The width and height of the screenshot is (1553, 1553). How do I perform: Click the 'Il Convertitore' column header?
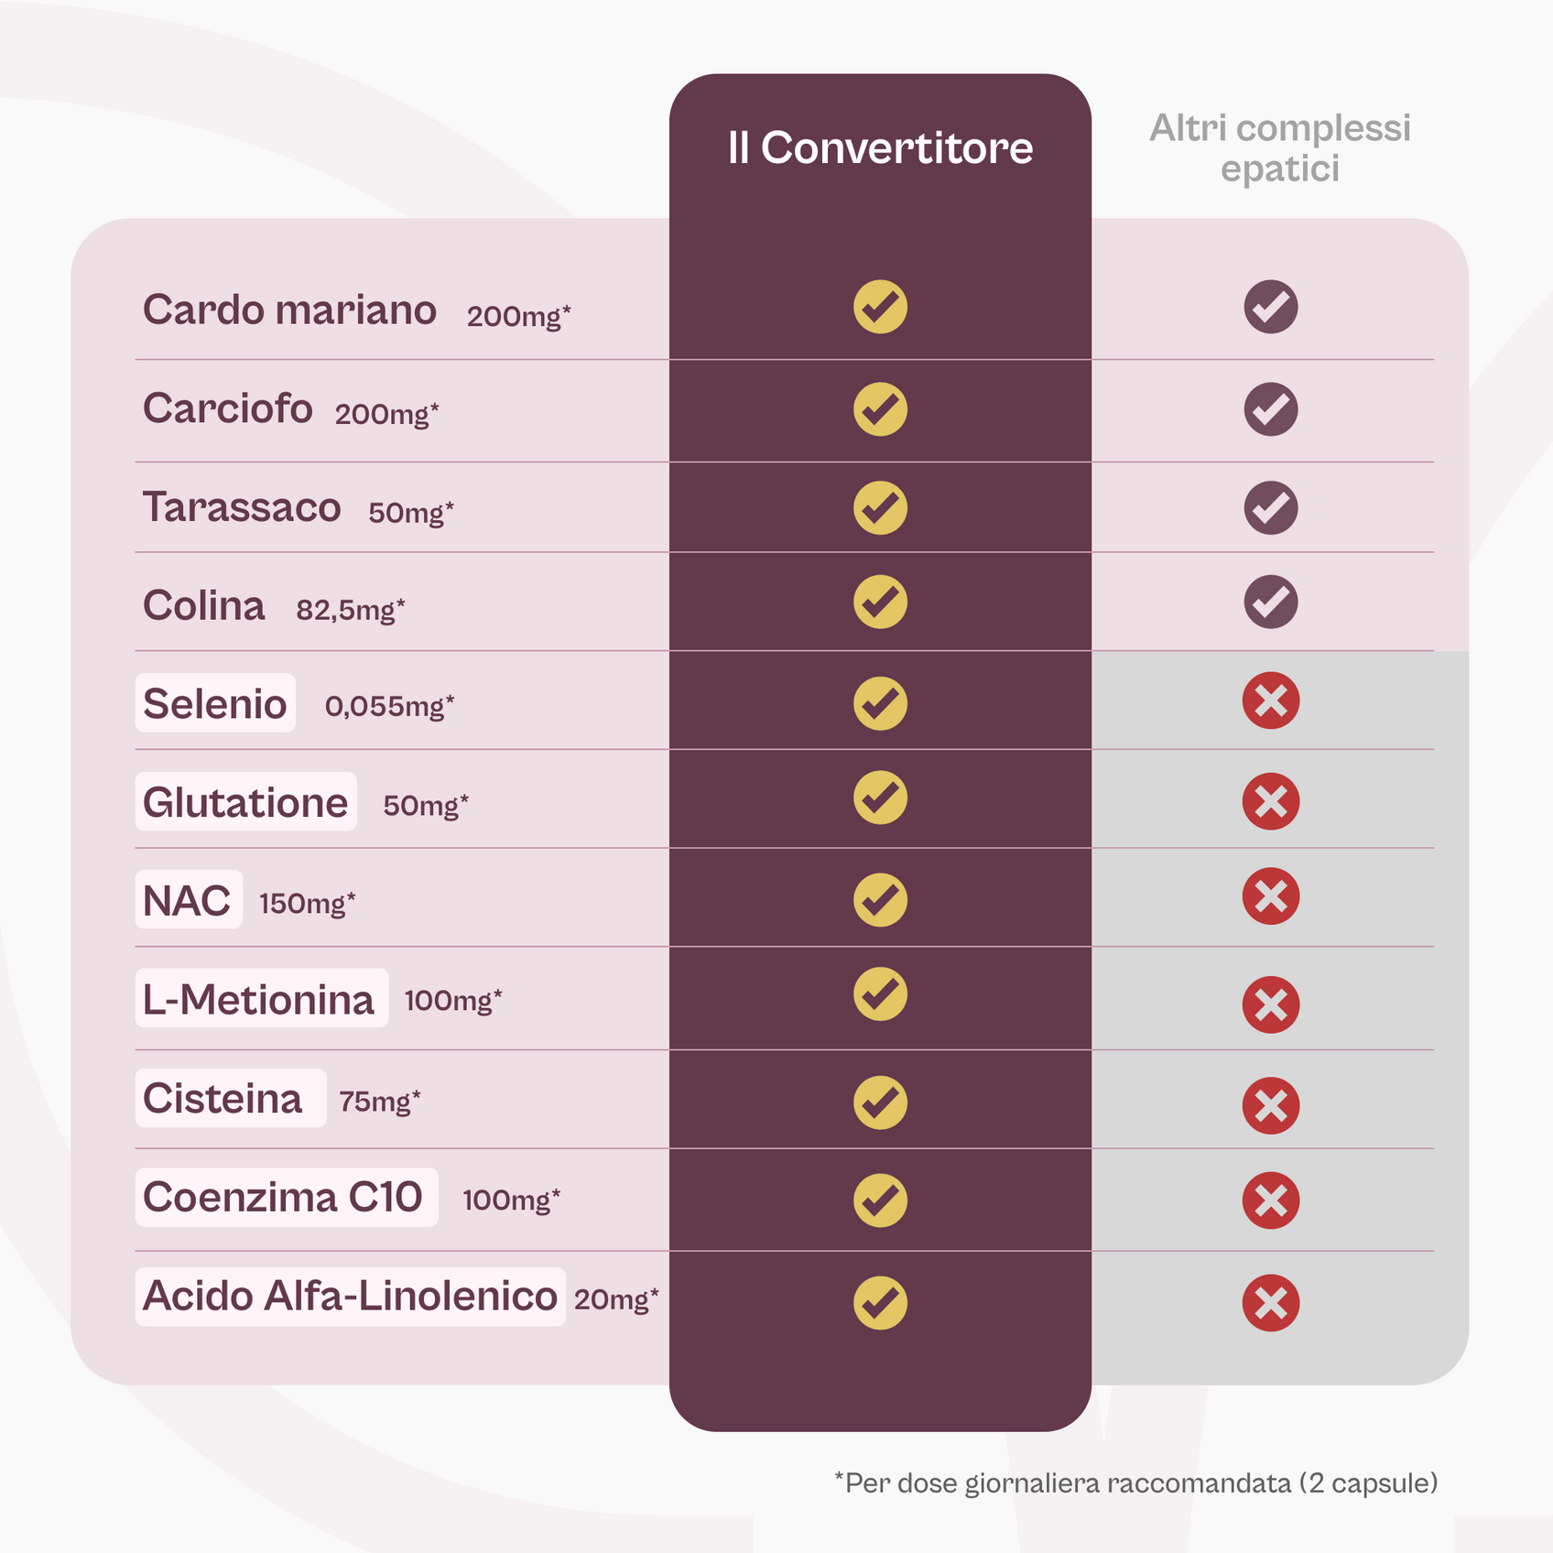(880, 148)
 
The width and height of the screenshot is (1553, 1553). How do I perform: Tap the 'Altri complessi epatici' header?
(1279, 148)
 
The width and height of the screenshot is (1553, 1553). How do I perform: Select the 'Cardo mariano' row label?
(289, 310)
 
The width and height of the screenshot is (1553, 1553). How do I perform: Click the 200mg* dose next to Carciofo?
(386, 415)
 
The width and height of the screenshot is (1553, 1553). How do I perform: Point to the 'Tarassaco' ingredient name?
(242, 507)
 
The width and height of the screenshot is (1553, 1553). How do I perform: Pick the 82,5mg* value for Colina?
(350, 610)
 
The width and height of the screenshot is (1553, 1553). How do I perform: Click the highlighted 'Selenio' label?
(215, 703)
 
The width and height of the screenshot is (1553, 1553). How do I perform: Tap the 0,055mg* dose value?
(389, 706)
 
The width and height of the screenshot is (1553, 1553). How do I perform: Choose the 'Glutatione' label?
(245, 802)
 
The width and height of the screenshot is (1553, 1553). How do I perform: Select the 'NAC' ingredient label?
(188, 901)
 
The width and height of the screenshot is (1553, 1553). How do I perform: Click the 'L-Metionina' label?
(260, 999)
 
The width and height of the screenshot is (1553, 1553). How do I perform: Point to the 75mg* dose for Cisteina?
(379, 1101)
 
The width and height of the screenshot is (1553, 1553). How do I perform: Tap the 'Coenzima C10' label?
(284, 1197)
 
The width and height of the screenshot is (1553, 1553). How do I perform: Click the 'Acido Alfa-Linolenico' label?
(350, 1296)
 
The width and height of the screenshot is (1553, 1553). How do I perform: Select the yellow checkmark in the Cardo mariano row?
(880, 307)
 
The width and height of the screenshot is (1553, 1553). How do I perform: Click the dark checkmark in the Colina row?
(1270, 602)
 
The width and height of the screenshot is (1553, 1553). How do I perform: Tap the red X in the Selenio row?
(1270, 701)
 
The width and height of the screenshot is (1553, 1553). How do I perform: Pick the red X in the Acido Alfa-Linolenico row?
(1270, 1302)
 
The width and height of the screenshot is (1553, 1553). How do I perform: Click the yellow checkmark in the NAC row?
(880, 899)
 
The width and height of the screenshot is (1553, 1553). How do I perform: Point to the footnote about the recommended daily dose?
(1135, 1482)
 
